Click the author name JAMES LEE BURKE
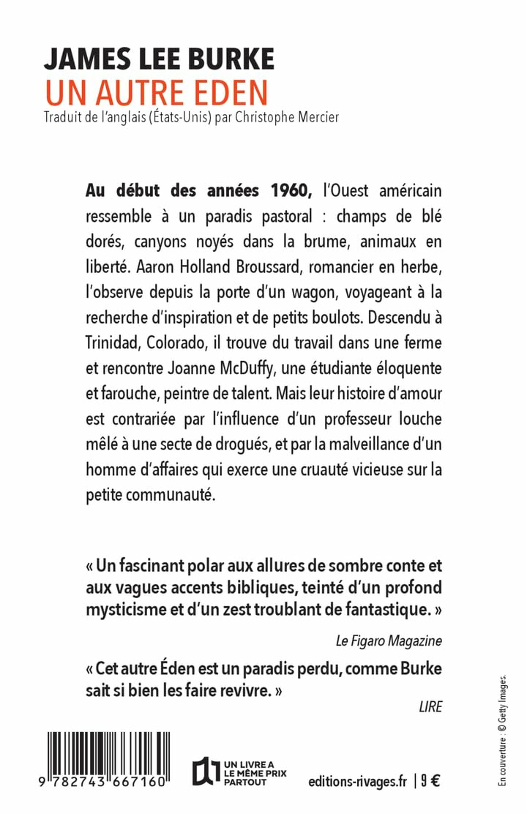(159, 59)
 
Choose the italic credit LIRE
(431, 706)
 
